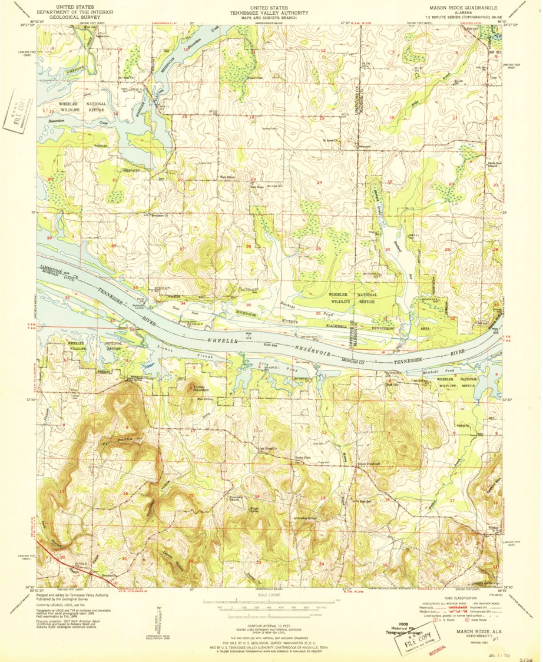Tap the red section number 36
pyautogui.click(x=318, y=313)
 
